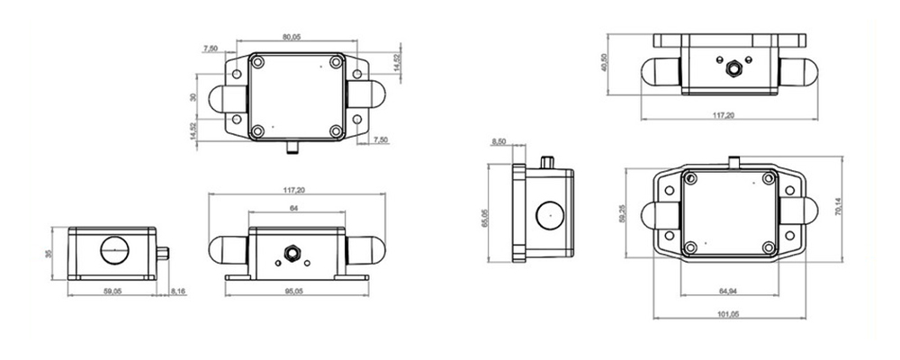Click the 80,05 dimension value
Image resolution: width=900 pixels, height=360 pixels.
291,37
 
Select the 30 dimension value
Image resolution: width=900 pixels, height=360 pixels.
192,97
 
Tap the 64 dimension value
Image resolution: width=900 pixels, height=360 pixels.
293,209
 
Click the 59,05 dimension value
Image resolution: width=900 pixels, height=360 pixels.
112,292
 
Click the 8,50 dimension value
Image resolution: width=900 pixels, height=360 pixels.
501,141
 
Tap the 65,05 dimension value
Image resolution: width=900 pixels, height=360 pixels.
486,216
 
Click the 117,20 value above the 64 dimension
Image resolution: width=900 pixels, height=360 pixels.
293,190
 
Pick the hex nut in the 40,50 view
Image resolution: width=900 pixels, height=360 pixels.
732,67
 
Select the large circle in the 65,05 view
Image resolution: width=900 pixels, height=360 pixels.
546,216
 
